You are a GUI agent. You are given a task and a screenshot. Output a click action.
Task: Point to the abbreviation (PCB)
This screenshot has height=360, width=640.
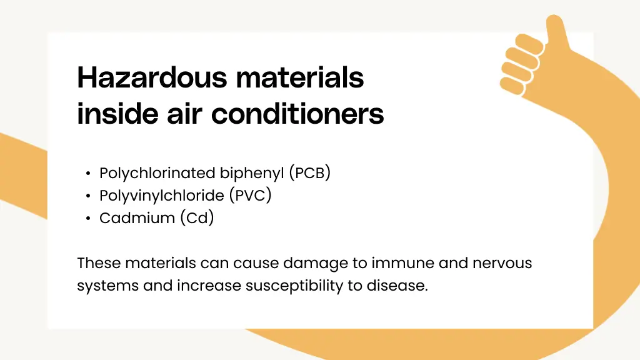click(x=309, y=173)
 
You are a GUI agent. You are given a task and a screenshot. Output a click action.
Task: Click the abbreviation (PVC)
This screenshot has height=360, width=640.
click(x=250, y=196)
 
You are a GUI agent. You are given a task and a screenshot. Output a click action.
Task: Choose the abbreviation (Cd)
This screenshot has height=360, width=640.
click(x=197, y=218)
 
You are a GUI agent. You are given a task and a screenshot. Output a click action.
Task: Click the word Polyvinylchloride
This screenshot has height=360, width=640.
click(x=161, y=196)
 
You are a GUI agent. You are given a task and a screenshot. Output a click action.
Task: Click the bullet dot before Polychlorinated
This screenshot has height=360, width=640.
click(x=89, y=174)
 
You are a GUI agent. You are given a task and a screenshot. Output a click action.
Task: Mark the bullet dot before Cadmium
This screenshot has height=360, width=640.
click(x=89, y=219)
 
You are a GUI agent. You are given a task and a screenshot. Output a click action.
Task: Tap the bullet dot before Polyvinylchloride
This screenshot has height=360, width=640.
click(x=89, y=196)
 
